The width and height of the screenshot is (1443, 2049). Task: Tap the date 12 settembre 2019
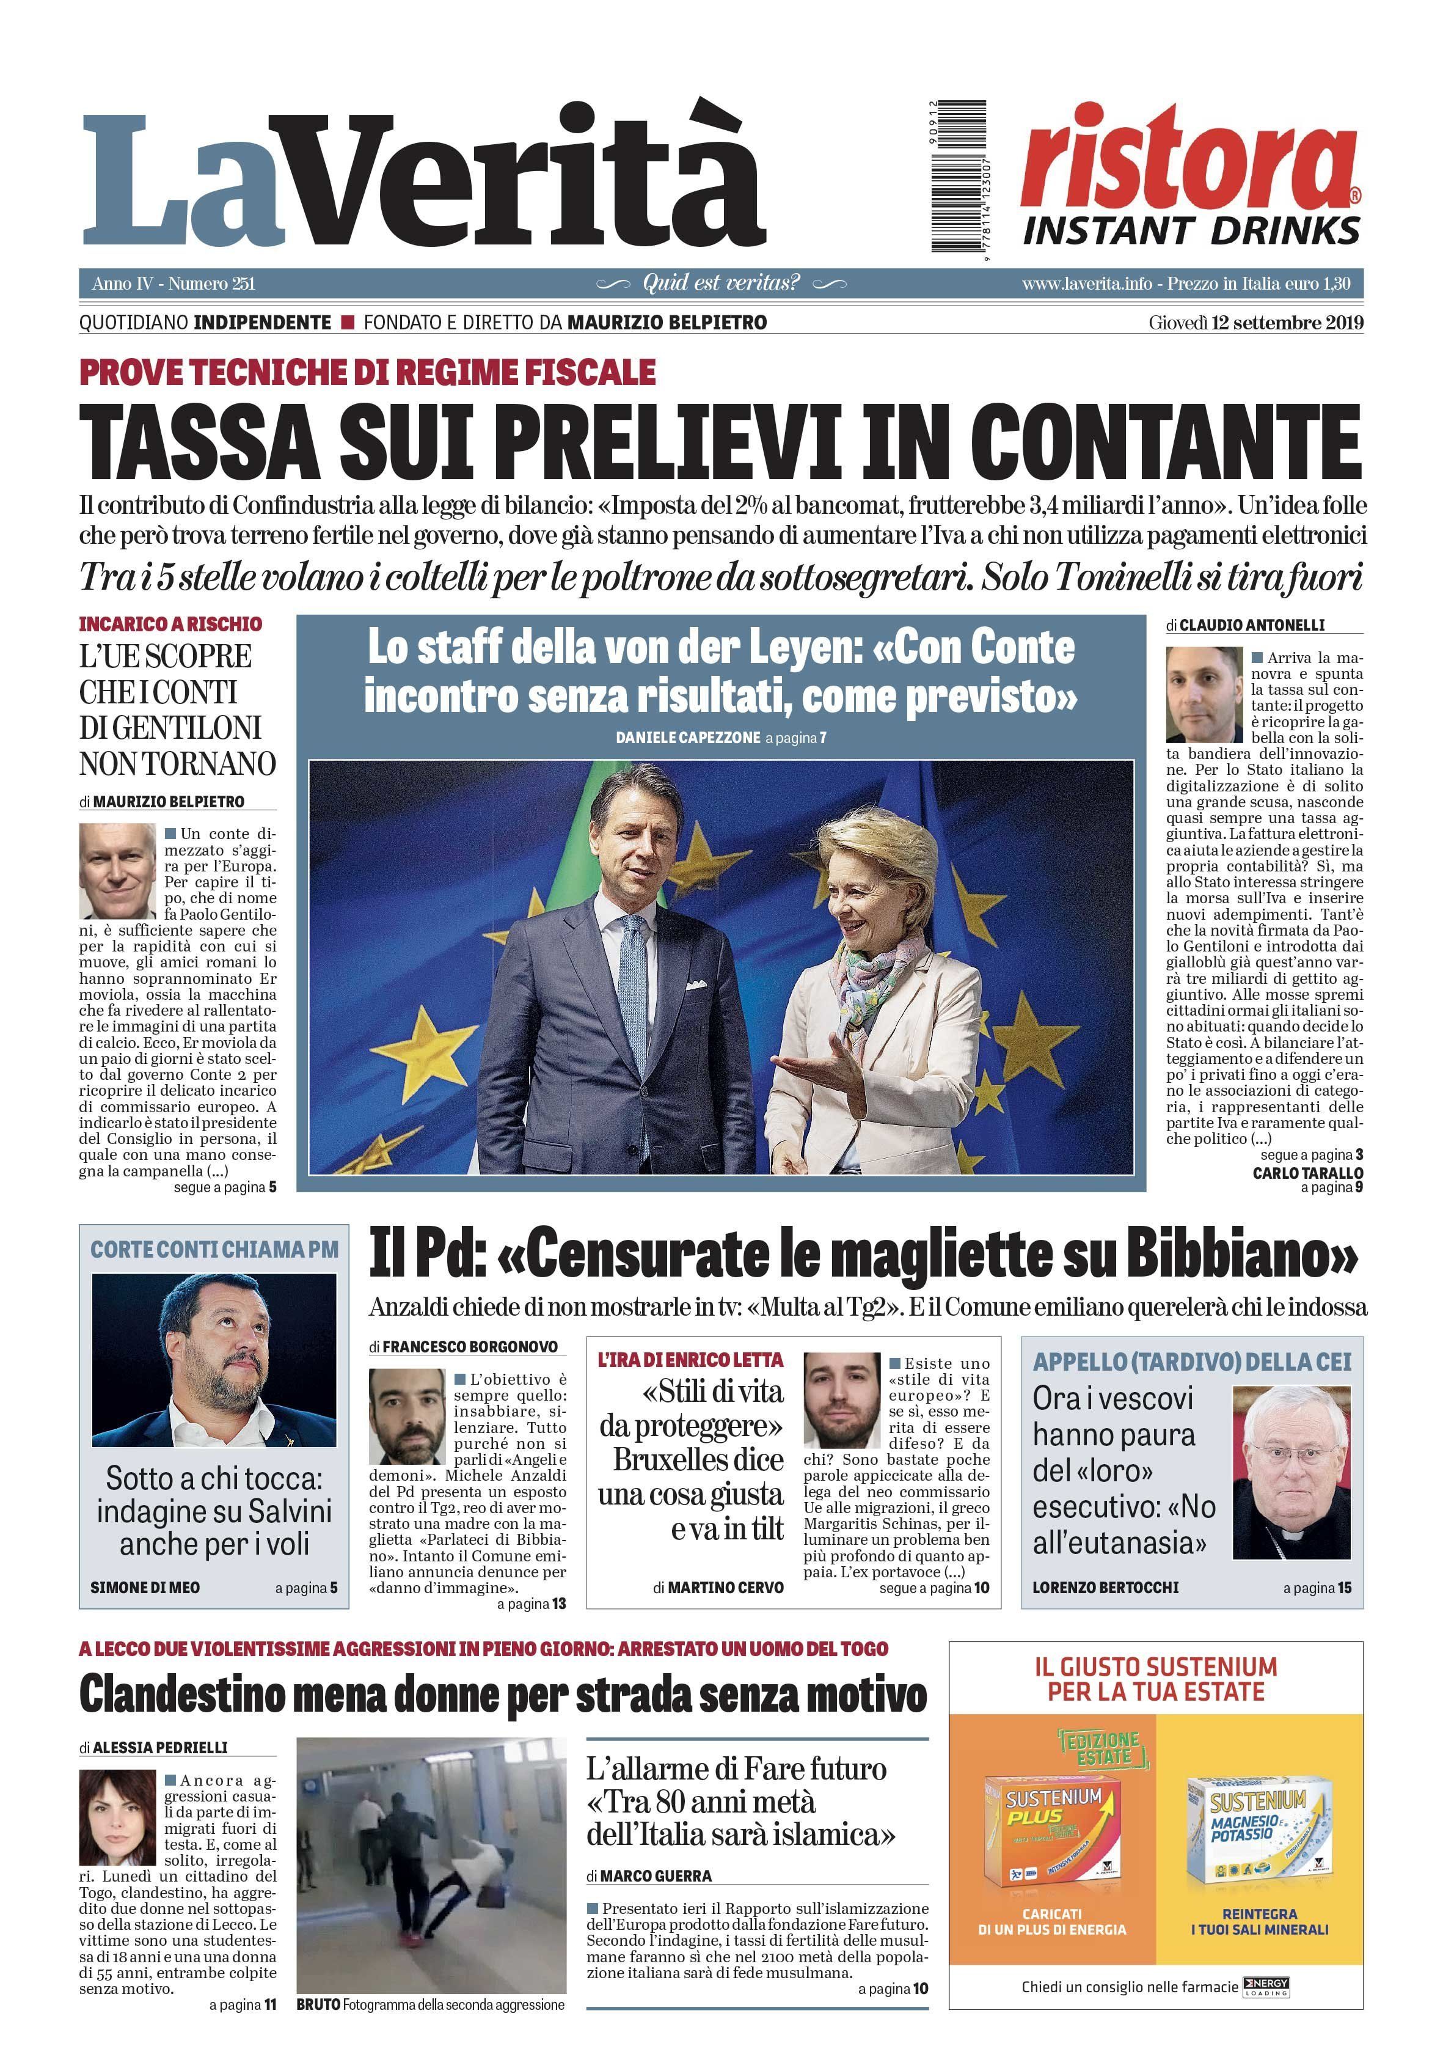[x=1287, y=323]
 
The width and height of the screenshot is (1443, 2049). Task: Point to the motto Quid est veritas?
[x=721, y=284]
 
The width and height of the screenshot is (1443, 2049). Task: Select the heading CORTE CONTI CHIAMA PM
[x=214, y=1250]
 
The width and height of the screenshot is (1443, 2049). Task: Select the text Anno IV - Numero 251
[x=173, y=284]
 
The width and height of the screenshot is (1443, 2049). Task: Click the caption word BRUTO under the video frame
[x=318, y=2004]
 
